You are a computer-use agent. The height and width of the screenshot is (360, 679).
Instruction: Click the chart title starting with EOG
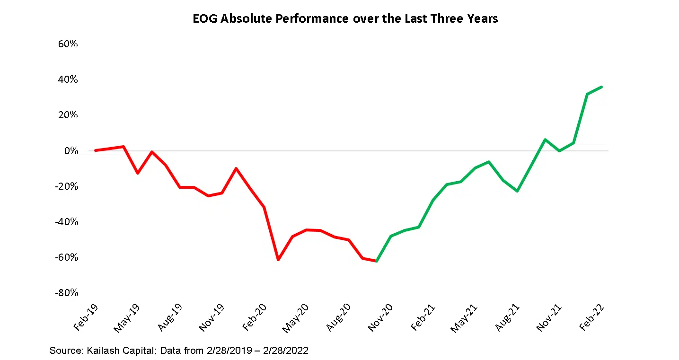point(345,19)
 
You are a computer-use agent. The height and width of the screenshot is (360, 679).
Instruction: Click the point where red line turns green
point(377,261)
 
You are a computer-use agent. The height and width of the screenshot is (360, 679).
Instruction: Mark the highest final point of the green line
point(601,87)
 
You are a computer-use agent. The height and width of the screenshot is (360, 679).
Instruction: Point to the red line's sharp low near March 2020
point(278,260)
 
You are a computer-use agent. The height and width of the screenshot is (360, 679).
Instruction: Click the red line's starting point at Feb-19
point(96,150)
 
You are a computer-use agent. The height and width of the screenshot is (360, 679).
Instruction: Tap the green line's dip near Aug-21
point(517,191)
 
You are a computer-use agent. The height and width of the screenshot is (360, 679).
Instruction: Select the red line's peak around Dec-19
point(236,168)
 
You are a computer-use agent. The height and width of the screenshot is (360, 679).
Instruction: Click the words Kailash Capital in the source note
point(113,351)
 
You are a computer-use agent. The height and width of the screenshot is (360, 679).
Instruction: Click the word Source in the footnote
point(63,351)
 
